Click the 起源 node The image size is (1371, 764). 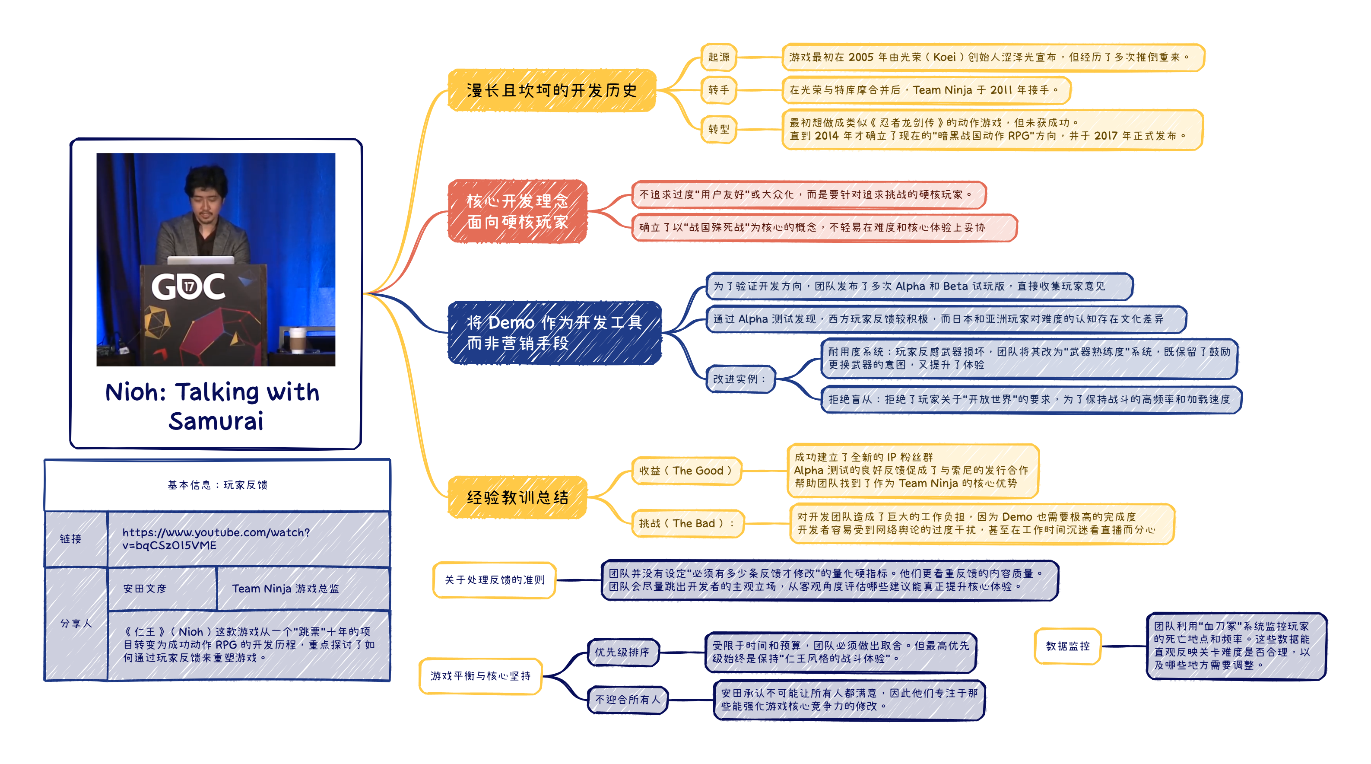(718, 57)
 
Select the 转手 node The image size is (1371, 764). (718, 90)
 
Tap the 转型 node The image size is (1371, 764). (718, 129)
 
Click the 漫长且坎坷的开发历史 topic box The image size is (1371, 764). (552, 90)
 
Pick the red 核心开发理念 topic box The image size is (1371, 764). (517, 211)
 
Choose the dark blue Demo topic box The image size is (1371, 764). (555, 333)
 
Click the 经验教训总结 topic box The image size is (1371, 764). (517, 497)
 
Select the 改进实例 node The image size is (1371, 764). (739, 379)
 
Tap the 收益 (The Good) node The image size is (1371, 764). (686, 471)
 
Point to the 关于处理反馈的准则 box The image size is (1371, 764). (495, 580)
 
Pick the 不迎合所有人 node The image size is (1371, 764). (628, 700)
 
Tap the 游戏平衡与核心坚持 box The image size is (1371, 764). (481, 675)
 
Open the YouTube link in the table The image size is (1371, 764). (216, 538)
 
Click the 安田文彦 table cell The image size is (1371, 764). (145, 588)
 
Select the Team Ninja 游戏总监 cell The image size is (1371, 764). (285, 588)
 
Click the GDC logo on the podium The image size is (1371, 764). (188, 286)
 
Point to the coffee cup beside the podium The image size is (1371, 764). (296, 340)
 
